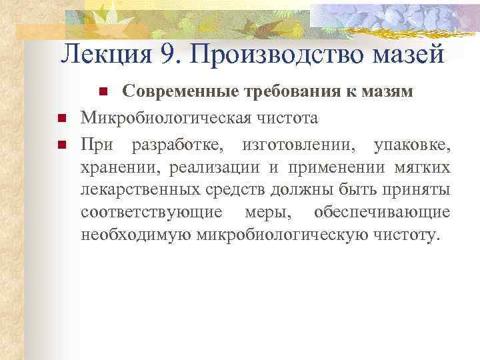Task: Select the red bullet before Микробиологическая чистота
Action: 61,119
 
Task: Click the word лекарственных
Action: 139,191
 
